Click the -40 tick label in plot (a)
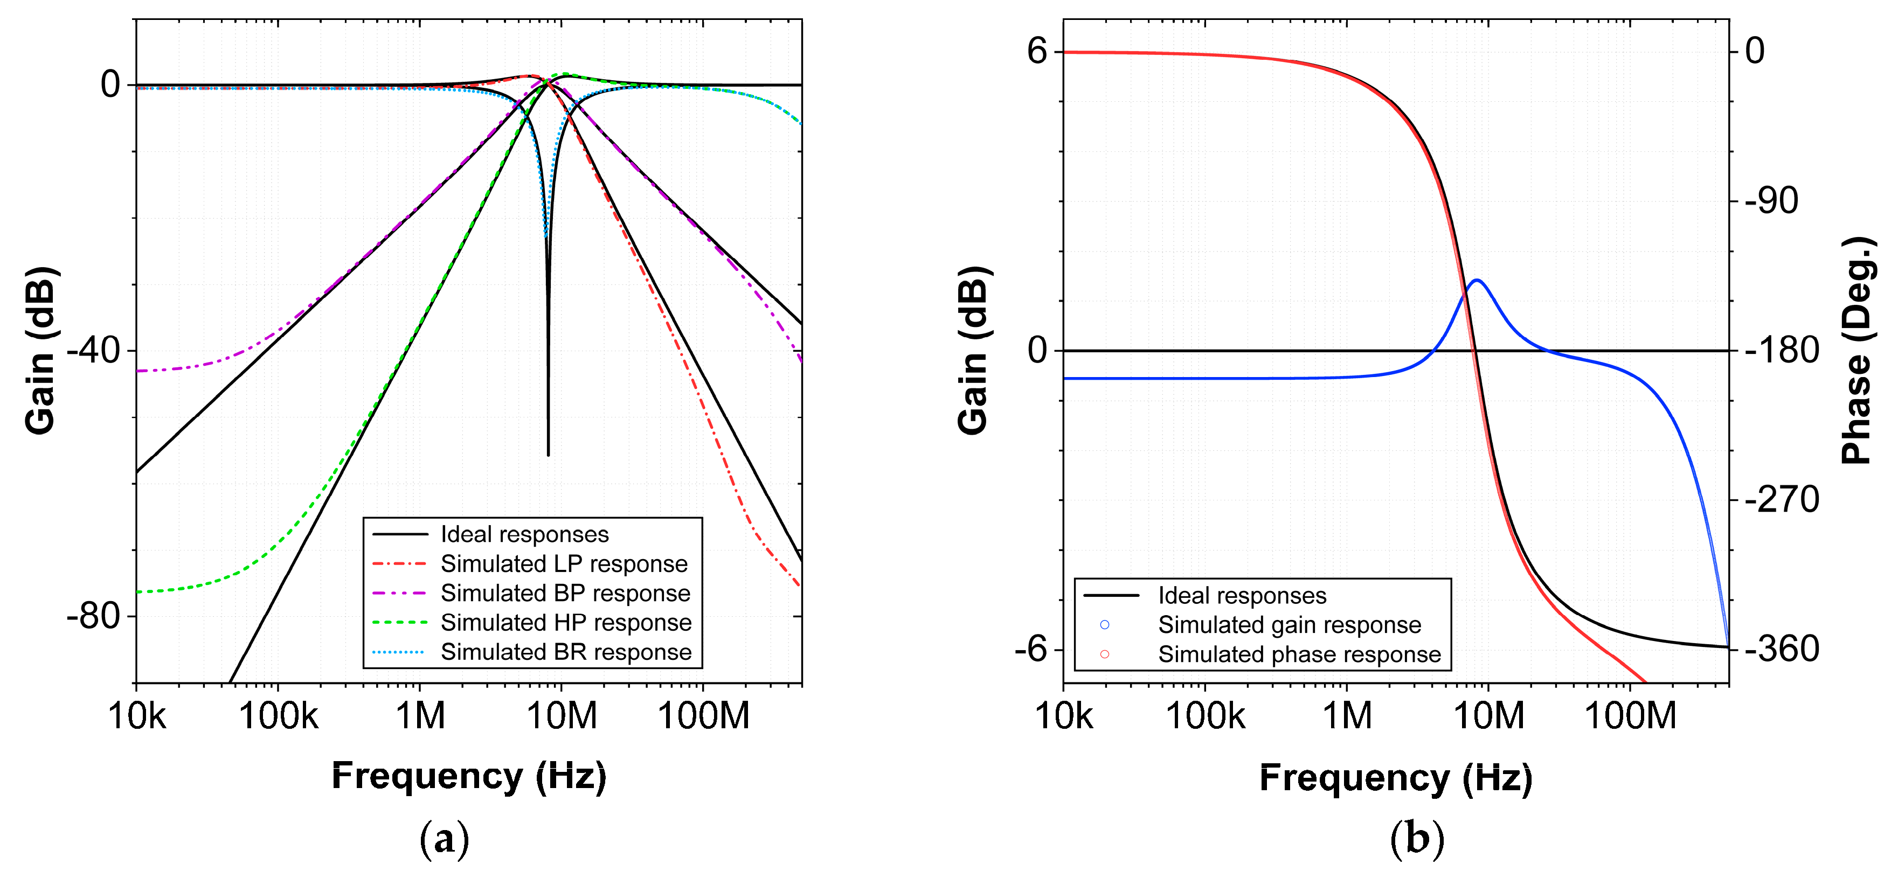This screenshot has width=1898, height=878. tap(94, 351)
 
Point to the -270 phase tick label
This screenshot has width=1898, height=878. tap(1782, 500)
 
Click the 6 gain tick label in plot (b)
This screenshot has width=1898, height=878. tap(1037, 52)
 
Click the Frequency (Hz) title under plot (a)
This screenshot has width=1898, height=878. tap(469, 776)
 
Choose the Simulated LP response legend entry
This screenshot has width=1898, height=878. tap(564, 564)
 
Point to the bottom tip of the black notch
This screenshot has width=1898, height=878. tap(548, 455)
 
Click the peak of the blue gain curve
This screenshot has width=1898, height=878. tap(1477, 280)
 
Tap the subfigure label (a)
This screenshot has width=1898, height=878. tap(444, 839)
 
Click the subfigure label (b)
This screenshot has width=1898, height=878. tap(1416, 839)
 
